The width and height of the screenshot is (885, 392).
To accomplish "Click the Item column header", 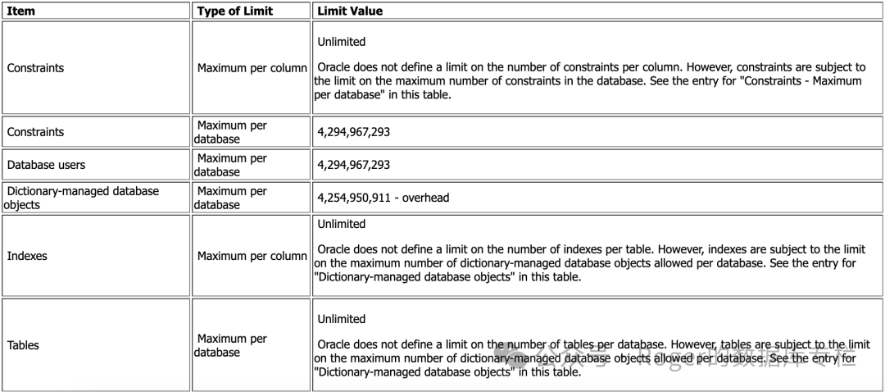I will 20,11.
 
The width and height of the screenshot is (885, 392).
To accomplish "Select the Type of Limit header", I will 236,11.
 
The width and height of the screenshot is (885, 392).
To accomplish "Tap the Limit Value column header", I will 350,11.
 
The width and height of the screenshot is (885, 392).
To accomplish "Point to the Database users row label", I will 46,165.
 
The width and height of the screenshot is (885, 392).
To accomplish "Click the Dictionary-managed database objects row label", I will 82,198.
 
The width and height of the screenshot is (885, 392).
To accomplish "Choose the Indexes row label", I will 27,256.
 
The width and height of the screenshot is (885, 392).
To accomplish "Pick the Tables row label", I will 23,345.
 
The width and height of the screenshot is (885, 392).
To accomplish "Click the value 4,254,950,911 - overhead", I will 383,198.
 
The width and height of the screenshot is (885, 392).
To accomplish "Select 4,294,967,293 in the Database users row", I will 353,165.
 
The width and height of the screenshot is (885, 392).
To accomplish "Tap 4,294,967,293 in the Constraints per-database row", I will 353,132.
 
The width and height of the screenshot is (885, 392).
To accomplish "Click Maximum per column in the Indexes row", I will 252,256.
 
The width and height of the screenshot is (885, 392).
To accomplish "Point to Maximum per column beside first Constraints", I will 252,68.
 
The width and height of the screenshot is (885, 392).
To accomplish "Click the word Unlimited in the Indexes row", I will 341,224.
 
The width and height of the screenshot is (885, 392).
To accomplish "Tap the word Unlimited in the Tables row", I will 341,319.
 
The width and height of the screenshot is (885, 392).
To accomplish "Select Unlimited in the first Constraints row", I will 341,42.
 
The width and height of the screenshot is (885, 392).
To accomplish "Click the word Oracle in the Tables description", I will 334,345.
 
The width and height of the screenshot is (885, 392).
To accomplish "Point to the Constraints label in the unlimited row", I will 35,68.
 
